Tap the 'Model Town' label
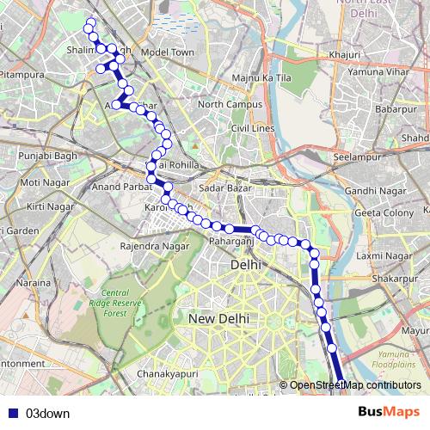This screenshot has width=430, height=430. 168,52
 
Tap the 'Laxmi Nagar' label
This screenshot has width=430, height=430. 384,256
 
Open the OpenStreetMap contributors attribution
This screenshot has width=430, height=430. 355,385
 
